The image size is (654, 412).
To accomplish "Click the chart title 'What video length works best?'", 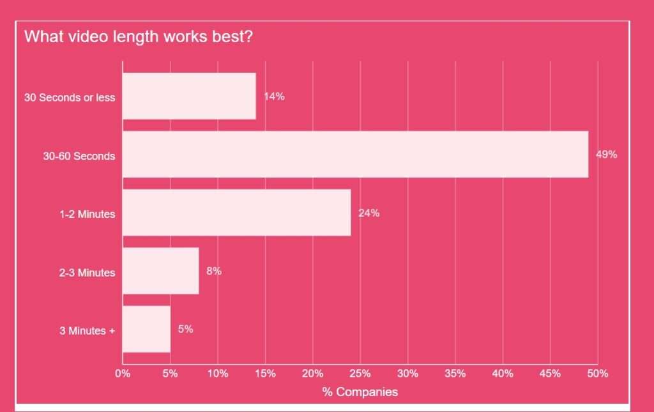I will [139, 36].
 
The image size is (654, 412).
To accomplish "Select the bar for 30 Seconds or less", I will [189, 96].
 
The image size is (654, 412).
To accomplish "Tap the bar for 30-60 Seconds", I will [355, 155].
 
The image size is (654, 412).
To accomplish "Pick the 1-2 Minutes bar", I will [236, 213].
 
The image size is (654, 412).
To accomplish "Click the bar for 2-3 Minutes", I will [160, 271].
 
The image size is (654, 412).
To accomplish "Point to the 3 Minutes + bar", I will [146, 329].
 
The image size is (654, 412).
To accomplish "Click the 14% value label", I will [275, 97].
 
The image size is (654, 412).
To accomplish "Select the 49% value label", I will [607, 155].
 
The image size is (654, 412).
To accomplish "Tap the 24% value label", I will [369, 213].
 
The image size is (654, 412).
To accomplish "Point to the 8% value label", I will [214, 271].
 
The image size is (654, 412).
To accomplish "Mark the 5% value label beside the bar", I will [185, 329].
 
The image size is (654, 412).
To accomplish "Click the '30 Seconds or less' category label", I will [70, 98].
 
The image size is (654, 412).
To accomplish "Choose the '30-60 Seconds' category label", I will [79, 156].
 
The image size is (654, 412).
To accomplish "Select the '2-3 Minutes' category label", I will [87, 273].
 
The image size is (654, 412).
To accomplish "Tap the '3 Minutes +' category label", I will [87, 331].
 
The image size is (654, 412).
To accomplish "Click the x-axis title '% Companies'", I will [360, 392].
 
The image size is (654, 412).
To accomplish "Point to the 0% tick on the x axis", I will [123, 374].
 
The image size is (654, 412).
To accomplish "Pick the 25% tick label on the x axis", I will [360, 374].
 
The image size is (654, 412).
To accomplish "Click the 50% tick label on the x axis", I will [598, 374].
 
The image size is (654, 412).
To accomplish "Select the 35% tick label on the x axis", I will [455, 374].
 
